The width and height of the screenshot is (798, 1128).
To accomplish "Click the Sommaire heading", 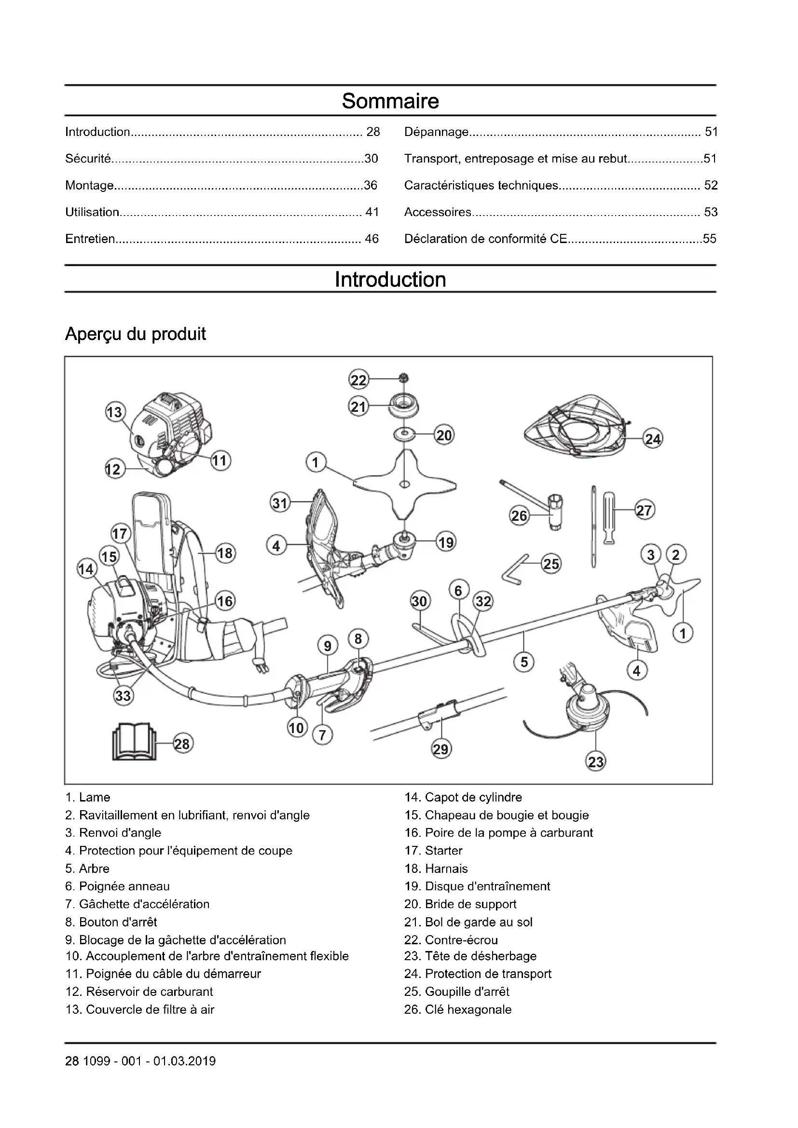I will pyautogui.click(x=390, y=101).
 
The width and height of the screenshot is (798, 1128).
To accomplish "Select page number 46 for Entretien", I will pyautogui.click(x=371, y=239).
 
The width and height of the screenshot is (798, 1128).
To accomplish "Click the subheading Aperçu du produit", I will pyautogui.click(x=135, y=334).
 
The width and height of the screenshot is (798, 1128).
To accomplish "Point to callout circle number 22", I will pyautogui.click(x=358, y=380).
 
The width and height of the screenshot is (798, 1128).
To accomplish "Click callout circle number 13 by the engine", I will pyautogui.click(x=115, y=412).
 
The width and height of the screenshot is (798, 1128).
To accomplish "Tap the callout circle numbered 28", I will pyautogui.click(x=182, y=744).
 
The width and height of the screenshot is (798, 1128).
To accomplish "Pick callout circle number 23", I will pyautogui.click(x=595, y=762).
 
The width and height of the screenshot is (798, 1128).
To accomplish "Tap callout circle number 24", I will pyautogui.click(x=653, y=439).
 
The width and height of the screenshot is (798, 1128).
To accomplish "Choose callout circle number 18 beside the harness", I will pyautogui.click(x=225, y=553).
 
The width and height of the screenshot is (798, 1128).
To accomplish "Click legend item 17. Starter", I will pyautogui.click(x=433, y=850).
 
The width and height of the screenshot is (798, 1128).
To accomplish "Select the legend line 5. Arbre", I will pyautogui.click(x=87, y=869).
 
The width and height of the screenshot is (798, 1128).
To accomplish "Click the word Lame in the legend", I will pyautogui.click(x=95, y=797).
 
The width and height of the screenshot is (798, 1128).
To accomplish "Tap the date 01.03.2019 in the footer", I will pyautogui.click(x=184, y=1061).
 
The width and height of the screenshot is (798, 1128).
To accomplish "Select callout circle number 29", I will pyautogui.click(x=441, y=749).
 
